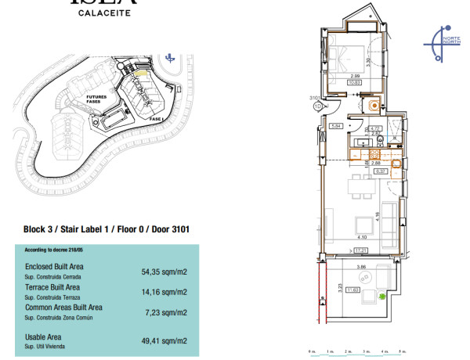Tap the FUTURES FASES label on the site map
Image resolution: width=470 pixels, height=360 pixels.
point(98,100)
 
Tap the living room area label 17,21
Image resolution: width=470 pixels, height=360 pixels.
point(362,250)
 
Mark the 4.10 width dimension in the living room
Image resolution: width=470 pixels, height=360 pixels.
point(362,237)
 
